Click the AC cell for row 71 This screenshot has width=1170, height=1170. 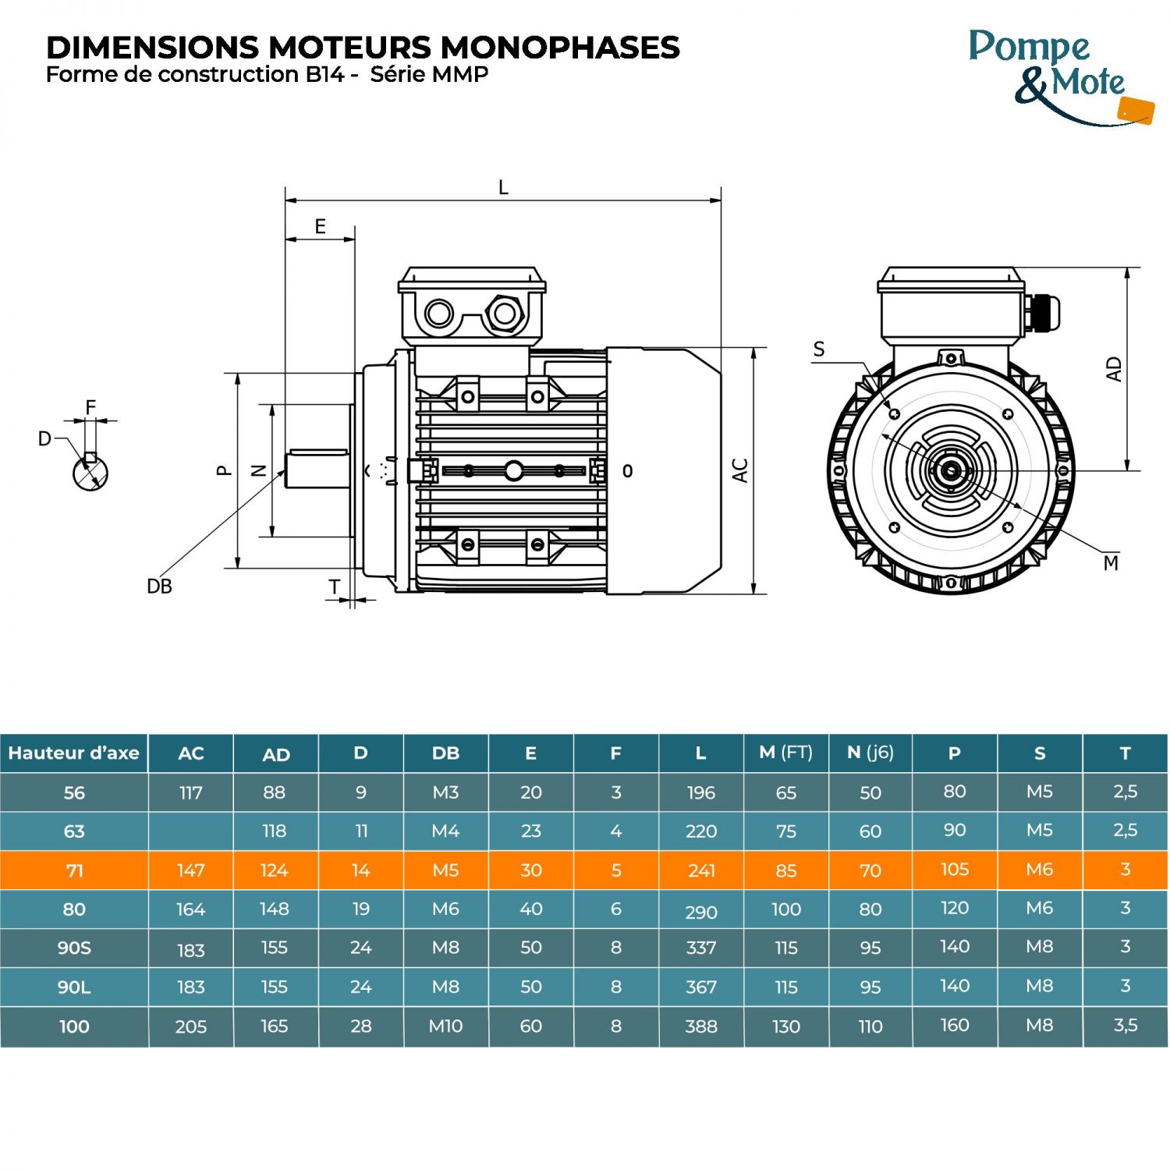(x=191, y=870)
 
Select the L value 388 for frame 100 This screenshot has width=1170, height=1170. (x=700, y=1026)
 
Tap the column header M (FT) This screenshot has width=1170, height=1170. (x=785, y=753)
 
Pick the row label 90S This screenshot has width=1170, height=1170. (x=74, y=948)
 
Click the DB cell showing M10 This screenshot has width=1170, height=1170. (x=445, y=1026)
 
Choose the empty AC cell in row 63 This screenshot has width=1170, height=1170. (x=191, y=831)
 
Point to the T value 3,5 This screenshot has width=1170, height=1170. (x=1125, y=1026)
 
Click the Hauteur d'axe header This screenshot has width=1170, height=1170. (x=74, y=753)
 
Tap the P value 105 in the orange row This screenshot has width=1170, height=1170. (x=955, y=870)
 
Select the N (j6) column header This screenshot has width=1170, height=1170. (x=870, y=753)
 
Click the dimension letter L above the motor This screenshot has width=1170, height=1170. (x=503, y=188)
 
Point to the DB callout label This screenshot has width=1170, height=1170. (x=159, y=587)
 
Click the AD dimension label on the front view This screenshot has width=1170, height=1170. (x=1114, y=369)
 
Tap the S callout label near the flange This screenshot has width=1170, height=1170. (x=818, y=349)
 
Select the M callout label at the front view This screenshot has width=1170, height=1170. (x=1111, y=563)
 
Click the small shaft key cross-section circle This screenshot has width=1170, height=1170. (x=90, y=472)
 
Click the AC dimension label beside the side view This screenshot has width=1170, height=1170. (x=740, y=470)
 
